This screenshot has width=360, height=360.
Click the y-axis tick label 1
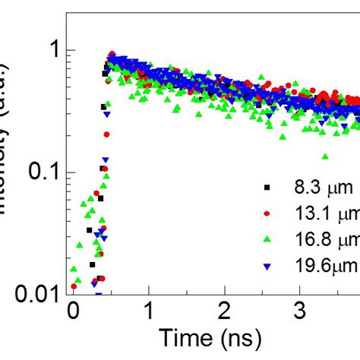pos(47,51)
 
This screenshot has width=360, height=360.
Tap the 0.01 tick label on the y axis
pos(31,293)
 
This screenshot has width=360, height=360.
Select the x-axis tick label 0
pos(73,311)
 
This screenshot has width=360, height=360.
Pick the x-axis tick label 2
pos(224,311)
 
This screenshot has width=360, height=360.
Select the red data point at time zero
pos(74,286)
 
